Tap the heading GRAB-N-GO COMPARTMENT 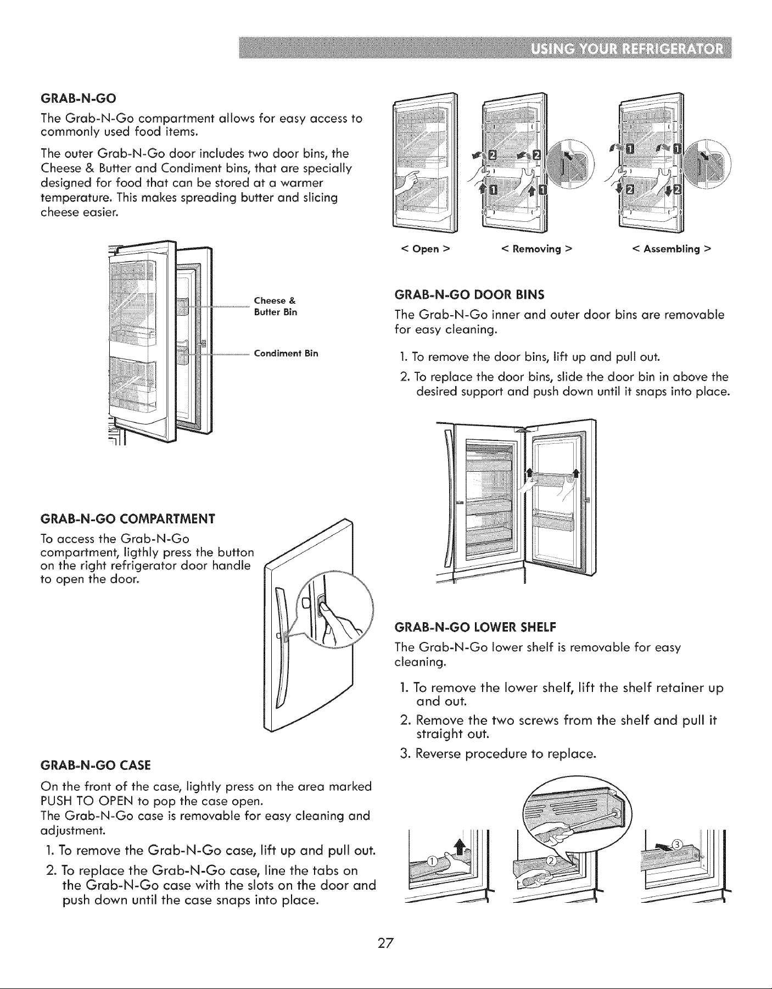click(128, 518)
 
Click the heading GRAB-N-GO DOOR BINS click(470, 295)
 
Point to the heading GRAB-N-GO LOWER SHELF click(476, 626)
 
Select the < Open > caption click(426, 249)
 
